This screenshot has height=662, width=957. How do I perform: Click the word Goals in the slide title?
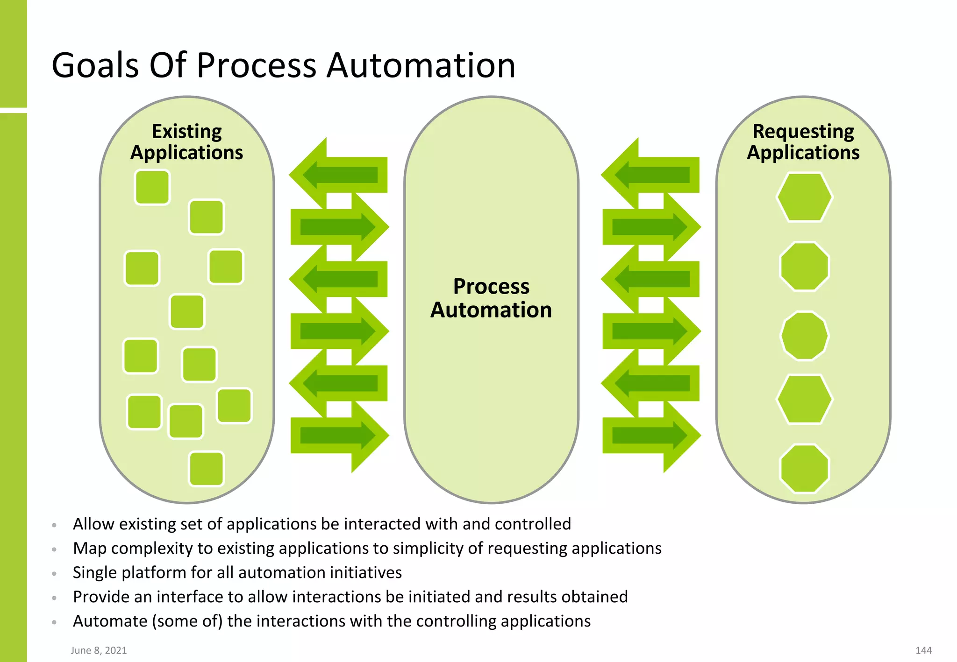95,65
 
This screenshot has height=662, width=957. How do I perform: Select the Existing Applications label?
186,142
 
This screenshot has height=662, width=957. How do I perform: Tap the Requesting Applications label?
803,142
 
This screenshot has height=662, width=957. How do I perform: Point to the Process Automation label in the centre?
491,298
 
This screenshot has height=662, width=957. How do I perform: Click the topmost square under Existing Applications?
152,187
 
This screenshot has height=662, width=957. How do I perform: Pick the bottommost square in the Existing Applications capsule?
207,468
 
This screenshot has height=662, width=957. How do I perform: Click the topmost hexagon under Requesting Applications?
804,197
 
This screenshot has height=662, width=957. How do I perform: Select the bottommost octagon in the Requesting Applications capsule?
804,468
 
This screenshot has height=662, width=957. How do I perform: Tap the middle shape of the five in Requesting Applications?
804,336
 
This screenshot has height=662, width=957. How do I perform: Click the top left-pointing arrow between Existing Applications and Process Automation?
338,175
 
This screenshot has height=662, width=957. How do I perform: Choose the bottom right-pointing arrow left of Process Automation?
338,436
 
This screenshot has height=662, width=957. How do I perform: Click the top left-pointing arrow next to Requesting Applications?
650,175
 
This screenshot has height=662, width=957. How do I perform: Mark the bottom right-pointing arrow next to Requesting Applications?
650,436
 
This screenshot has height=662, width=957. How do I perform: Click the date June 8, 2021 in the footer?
99,650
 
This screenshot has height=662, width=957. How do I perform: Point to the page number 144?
923,650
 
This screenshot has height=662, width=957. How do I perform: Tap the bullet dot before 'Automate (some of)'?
54,622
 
